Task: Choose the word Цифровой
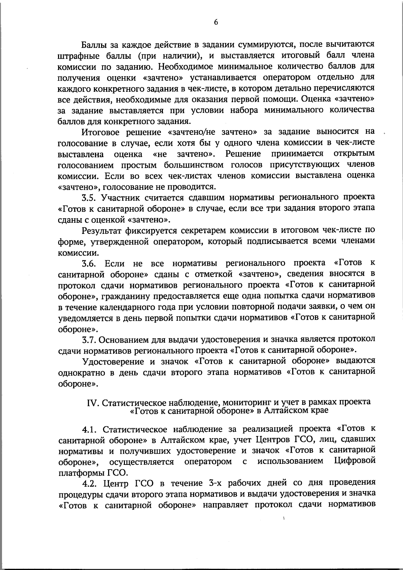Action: click(x=355, y=461)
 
